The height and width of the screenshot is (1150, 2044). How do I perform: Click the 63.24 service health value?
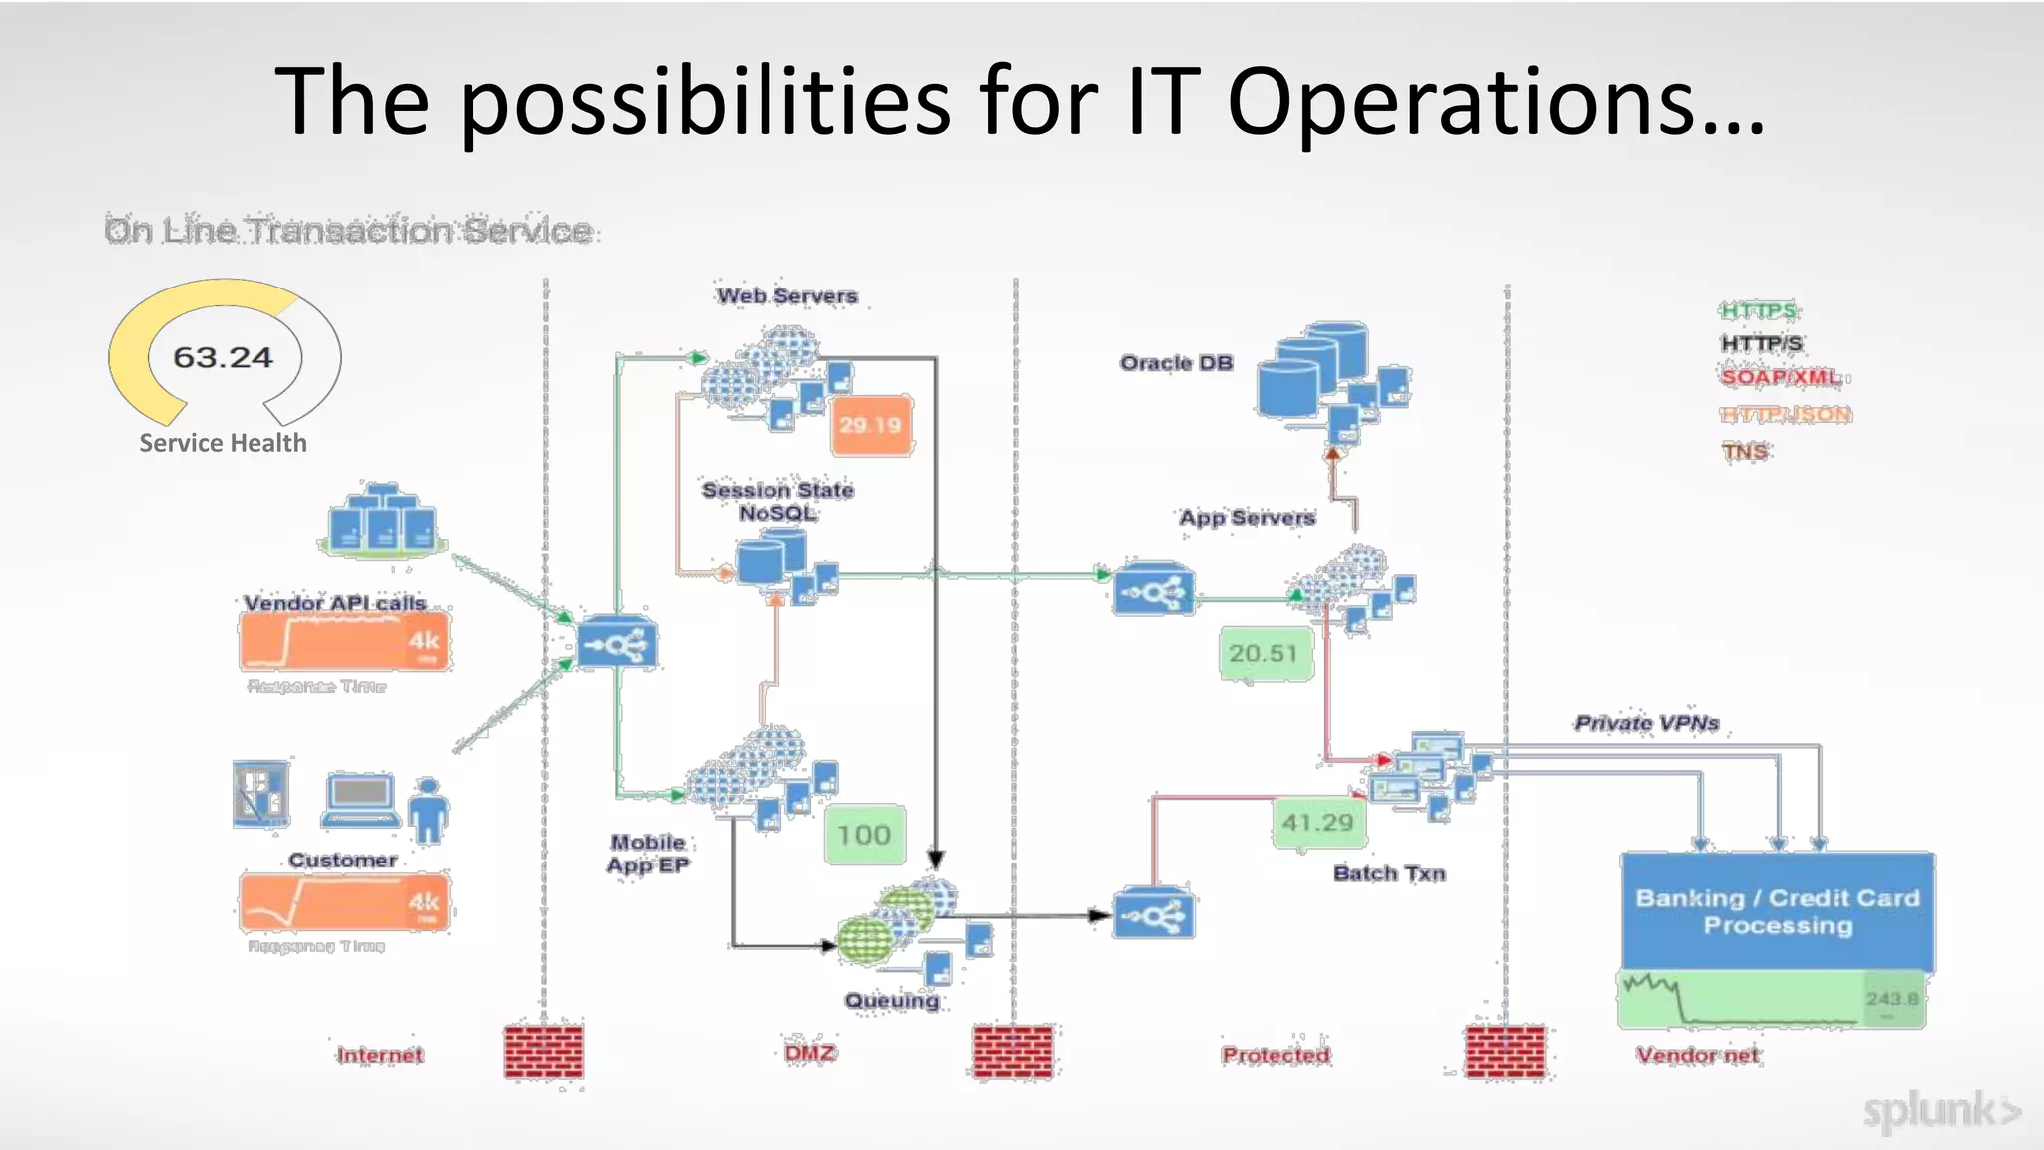[223, 357]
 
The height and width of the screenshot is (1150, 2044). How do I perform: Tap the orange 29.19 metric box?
[871, 425]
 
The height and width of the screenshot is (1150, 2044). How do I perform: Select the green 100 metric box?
[864, 834]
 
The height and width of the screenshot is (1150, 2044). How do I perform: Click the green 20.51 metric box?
[1265, 653]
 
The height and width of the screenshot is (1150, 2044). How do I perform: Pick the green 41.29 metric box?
[1317, 822]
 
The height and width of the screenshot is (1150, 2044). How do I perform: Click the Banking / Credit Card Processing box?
[1778, 911]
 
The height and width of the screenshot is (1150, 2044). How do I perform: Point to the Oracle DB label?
[1176, 363]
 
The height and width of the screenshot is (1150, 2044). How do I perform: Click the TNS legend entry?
[1745, 451]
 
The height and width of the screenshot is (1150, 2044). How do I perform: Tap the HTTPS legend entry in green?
[1759, 310]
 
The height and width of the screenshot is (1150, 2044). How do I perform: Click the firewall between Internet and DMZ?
[544, 1051]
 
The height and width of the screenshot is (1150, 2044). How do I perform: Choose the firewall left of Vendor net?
[1505, 1051]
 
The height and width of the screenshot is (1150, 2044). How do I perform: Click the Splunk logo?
[1941, 1111]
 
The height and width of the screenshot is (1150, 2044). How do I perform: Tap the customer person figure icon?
[428, 809]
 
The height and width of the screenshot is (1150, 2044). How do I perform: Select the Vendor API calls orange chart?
[344, 641]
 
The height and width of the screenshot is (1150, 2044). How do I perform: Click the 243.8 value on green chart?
[1892, 998]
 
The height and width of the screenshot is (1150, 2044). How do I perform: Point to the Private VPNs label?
[1647, 723]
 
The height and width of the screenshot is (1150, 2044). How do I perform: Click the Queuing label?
[892, 1000]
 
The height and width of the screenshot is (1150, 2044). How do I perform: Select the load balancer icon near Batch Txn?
[1153, 914]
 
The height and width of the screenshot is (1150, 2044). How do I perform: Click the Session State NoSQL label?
[777, 501]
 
